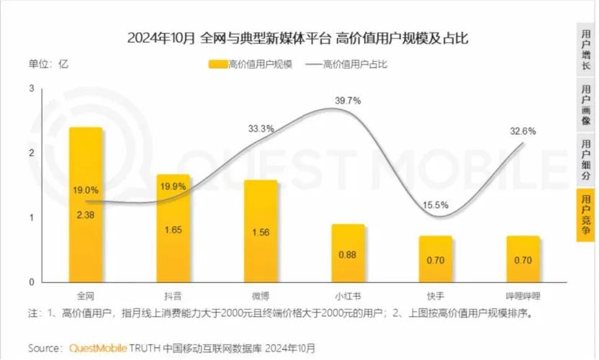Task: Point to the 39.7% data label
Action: pyautogui.click(x=348, y=101)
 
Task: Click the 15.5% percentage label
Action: pyautogui.click(x=436, y=205)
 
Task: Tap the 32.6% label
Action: pyautogui.click(x=523, y=131)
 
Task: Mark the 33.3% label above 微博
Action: pyautogui.click(x=261, y=129)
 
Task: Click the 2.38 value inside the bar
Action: pyautogui.click(x=86, y=214)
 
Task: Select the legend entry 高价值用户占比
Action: pyautogui.click(x=347, y=64)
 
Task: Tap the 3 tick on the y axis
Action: pyautogui.click(x=32, y=88)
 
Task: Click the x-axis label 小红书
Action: pyautogui.click(x=348, y=296)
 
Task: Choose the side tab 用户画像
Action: pyautogui.click(x=586, y=105)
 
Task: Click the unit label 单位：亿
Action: pyautogui.click(x=48, y=64)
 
